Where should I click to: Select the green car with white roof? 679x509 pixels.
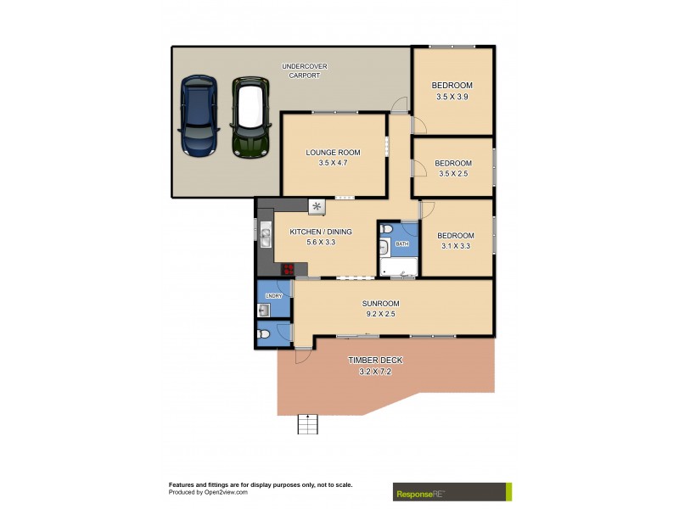tap(250, 118)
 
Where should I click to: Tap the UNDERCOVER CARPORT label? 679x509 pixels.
tap(304, 70)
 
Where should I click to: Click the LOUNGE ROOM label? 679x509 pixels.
tap(334, 153)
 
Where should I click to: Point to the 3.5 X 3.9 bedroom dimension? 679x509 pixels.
tap(452, 97)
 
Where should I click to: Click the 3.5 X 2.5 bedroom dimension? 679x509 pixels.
tap(452, 173)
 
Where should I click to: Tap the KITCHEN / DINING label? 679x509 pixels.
tap(321, 232)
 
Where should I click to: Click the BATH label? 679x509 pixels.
tap(401, 244)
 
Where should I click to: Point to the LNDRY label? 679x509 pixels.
tap(273, 295)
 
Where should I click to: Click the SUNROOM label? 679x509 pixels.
tap(380, 303)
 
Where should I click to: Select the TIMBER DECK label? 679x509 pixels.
tap(375, 361)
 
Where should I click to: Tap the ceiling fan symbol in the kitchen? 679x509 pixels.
tap(317, 206)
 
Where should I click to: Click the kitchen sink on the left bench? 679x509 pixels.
tap(265, 238)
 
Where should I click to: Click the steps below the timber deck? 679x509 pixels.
tap(308, 423)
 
